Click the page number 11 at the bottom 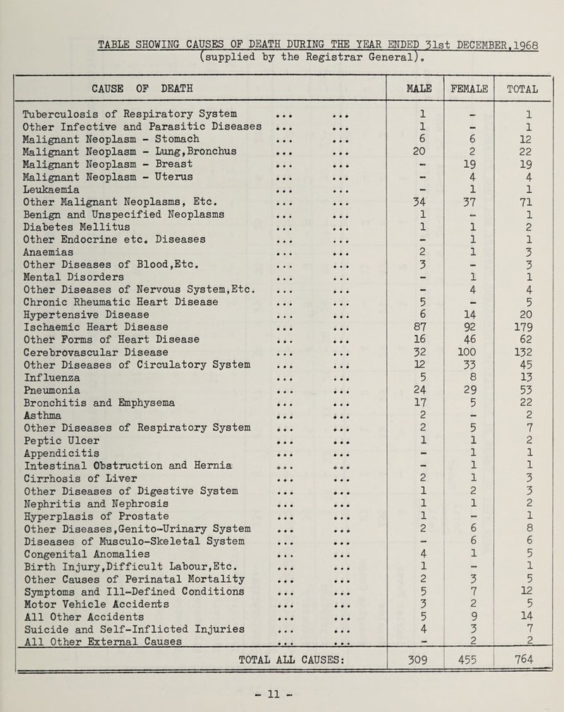(x=281, y=701)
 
